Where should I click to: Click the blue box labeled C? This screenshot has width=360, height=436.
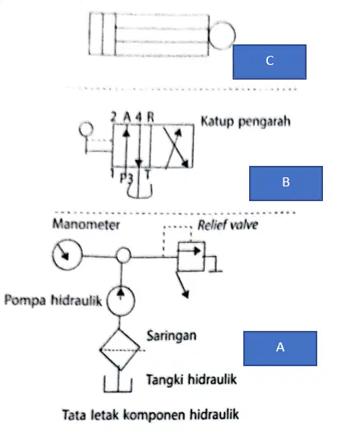click(270, 62)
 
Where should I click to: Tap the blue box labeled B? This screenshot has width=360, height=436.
click(286, 183)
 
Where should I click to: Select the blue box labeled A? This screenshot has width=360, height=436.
click(280, 348)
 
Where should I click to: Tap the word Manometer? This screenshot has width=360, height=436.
click(86, 224)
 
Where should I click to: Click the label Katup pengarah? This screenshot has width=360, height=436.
click(246, 122)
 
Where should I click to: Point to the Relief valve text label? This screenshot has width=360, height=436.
click(228, 225)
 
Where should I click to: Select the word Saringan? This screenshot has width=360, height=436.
click(172, 336)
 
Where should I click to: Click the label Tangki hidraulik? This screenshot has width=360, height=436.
click(192, 379)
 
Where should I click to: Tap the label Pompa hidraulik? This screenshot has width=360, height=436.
click(53, 301)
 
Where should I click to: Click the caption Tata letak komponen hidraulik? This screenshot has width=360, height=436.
click(150, 415)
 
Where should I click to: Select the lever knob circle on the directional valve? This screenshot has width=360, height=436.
click(86, 129)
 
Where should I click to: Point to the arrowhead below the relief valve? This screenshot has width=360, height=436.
click(186, 295)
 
